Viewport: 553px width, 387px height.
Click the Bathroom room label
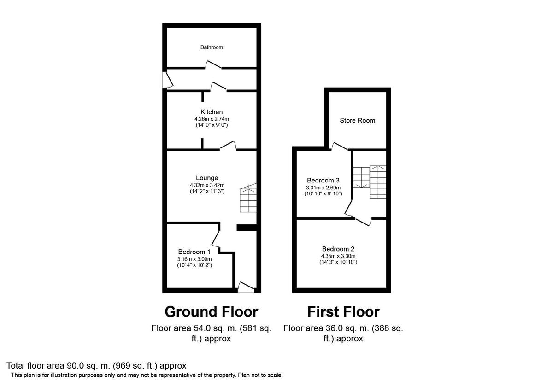212,47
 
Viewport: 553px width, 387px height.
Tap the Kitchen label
212,112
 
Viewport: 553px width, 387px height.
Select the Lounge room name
207,178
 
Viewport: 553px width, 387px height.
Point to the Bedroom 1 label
194,252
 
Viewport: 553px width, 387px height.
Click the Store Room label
358,120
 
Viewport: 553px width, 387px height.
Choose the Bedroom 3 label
323,180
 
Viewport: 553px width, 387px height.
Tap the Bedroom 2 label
338,249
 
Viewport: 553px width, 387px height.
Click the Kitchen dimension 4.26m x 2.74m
212,119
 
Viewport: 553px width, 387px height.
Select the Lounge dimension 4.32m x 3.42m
207,185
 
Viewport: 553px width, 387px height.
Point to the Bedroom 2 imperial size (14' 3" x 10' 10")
338,262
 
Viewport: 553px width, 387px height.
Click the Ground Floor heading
212,312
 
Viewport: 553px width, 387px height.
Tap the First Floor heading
343,312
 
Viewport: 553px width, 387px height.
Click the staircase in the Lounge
248,198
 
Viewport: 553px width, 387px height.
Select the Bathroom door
213,64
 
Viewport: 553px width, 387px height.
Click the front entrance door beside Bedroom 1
246,287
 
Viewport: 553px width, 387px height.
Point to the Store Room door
340,146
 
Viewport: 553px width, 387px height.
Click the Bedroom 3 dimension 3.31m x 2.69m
323,188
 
